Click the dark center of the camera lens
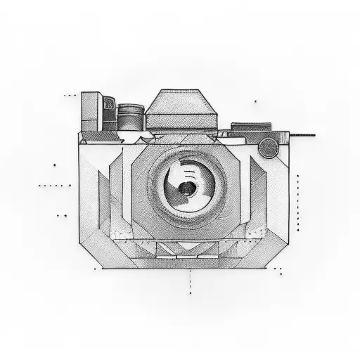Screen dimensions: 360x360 coord(186,188)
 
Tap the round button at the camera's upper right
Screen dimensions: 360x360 coord(267,148)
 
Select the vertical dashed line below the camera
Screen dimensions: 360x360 coord(190,281)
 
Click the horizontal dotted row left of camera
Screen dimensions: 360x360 coord(54,186)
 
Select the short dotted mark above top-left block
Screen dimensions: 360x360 coord(70,94)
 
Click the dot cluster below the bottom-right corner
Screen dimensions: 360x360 coord(278,270)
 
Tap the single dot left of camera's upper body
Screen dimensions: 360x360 coord(55,165)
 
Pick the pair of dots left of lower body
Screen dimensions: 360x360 coord(62,216)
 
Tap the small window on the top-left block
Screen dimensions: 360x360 coord(108,106)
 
